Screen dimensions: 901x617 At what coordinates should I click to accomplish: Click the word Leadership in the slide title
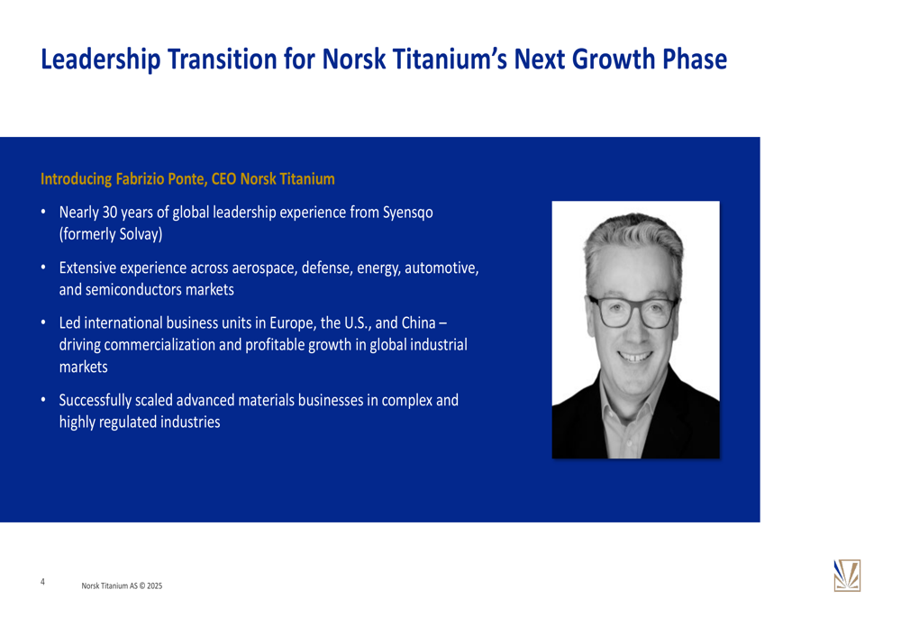[x=101, y=59]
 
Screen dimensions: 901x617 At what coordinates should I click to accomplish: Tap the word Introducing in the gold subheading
[x=76, y=179]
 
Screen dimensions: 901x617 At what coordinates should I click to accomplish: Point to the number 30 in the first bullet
[x=110, y=213]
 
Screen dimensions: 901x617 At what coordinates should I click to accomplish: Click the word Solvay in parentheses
[x=139, y=235]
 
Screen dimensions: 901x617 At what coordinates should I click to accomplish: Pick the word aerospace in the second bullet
[x=265, y=268]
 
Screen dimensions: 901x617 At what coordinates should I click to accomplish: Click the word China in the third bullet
[x=418, y=322]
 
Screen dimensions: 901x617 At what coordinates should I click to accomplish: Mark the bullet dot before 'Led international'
[x=43, y=322]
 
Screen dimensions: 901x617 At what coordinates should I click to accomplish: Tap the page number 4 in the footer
[x=42, y=582]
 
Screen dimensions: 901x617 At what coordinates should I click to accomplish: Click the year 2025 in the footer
[x=155, y=586]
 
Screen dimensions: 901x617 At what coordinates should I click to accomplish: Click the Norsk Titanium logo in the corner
[x=847, y=576]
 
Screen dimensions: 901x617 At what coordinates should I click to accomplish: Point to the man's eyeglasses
[x=633, y=311]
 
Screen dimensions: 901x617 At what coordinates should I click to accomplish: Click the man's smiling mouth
[x=635, y=357]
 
